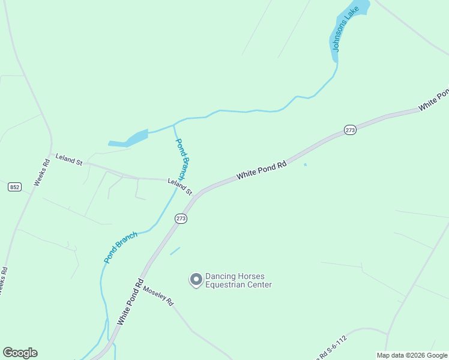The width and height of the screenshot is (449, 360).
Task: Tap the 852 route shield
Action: coord(15,187)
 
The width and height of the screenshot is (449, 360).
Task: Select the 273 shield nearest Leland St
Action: coord(181,219)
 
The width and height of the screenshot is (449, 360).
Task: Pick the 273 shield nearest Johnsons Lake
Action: coord(351,130)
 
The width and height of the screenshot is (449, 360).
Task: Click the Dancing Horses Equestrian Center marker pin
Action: coord(196,280)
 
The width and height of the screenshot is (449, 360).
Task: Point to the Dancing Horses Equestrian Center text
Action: coord(238,281)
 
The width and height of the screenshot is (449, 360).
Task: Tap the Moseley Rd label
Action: coord(158,295)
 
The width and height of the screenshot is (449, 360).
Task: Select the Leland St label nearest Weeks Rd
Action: coord(68,159)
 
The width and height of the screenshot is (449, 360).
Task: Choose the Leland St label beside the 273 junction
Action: coord(179,187)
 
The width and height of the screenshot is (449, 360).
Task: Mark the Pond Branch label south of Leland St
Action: coord(121,247)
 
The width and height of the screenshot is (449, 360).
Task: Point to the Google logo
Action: coord(20,353)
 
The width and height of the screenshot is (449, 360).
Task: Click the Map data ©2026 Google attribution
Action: coord(412,355)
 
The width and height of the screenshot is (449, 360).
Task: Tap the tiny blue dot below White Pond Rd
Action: coord(305,164)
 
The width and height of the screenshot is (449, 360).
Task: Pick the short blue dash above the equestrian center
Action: coord(175,251)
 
